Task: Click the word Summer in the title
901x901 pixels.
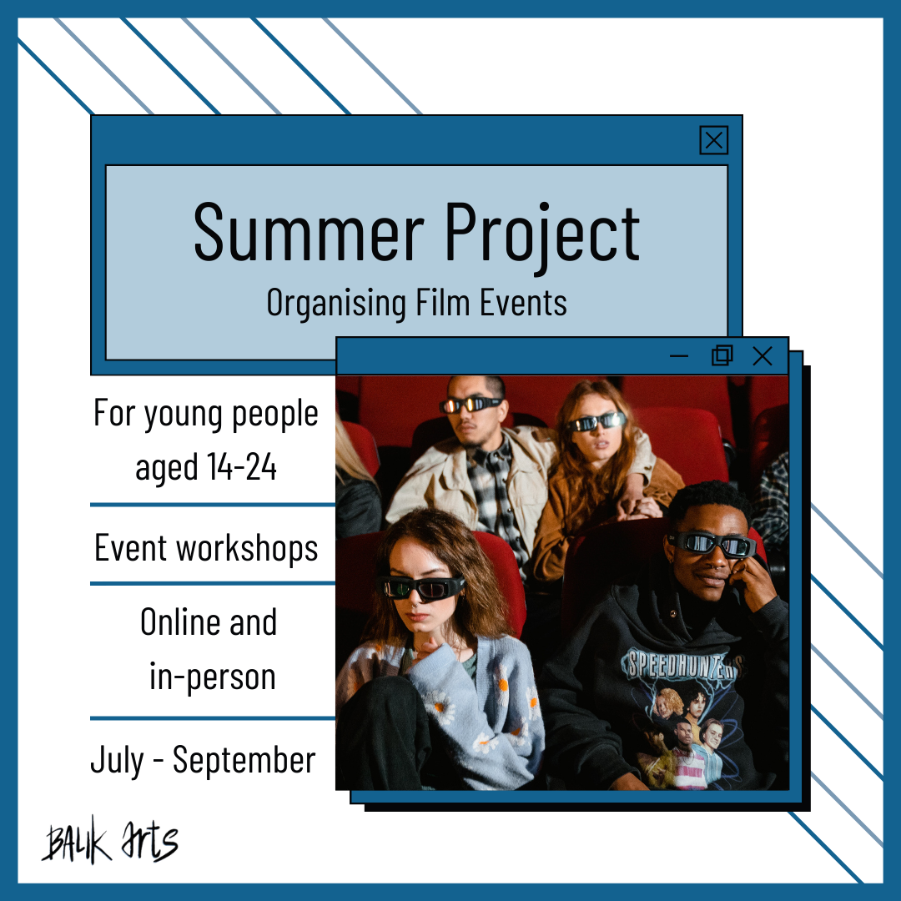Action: tap(309, 232)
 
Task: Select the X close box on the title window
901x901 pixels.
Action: tap(713, 140)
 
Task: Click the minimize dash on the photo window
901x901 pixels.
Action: tap(678, 356)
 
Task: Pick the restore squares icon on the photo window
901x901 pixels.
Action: tap(722, 355)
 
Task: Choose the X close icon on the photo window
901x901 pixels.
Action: tap(763, 356)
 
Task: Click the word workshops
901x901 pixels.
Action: tap(247, 547)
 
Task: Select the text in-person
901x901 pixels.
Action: tap(213, 677)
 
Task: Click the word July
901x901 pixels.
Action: tap(118, 760)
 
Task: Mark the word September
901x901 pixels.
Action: tap(244, 761)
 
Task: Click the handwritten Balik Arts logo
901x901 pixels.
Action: tap(110, 841)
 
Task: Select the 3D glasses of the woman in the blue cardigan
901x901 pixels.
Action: tap(422, 588)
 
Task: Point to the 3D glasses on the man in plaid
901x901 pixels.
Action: tap(471, 405)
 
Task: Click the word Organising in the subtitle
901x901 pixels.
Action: tap(336, 303)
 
